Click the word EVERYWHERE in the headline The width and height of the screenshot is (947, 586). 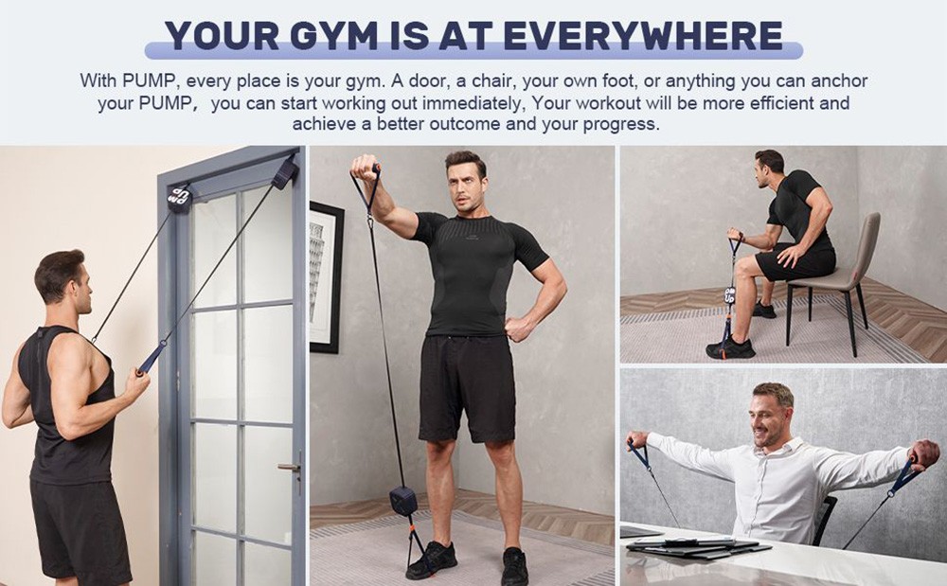pyautogui.click(x=643, y=35)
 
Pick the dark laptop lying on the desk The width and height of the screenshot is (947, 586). pyautogui.click(x=696, y=546)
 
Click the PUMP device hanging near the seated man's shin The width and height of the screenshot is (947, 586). pyautogui.click(x=730, y=295)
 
